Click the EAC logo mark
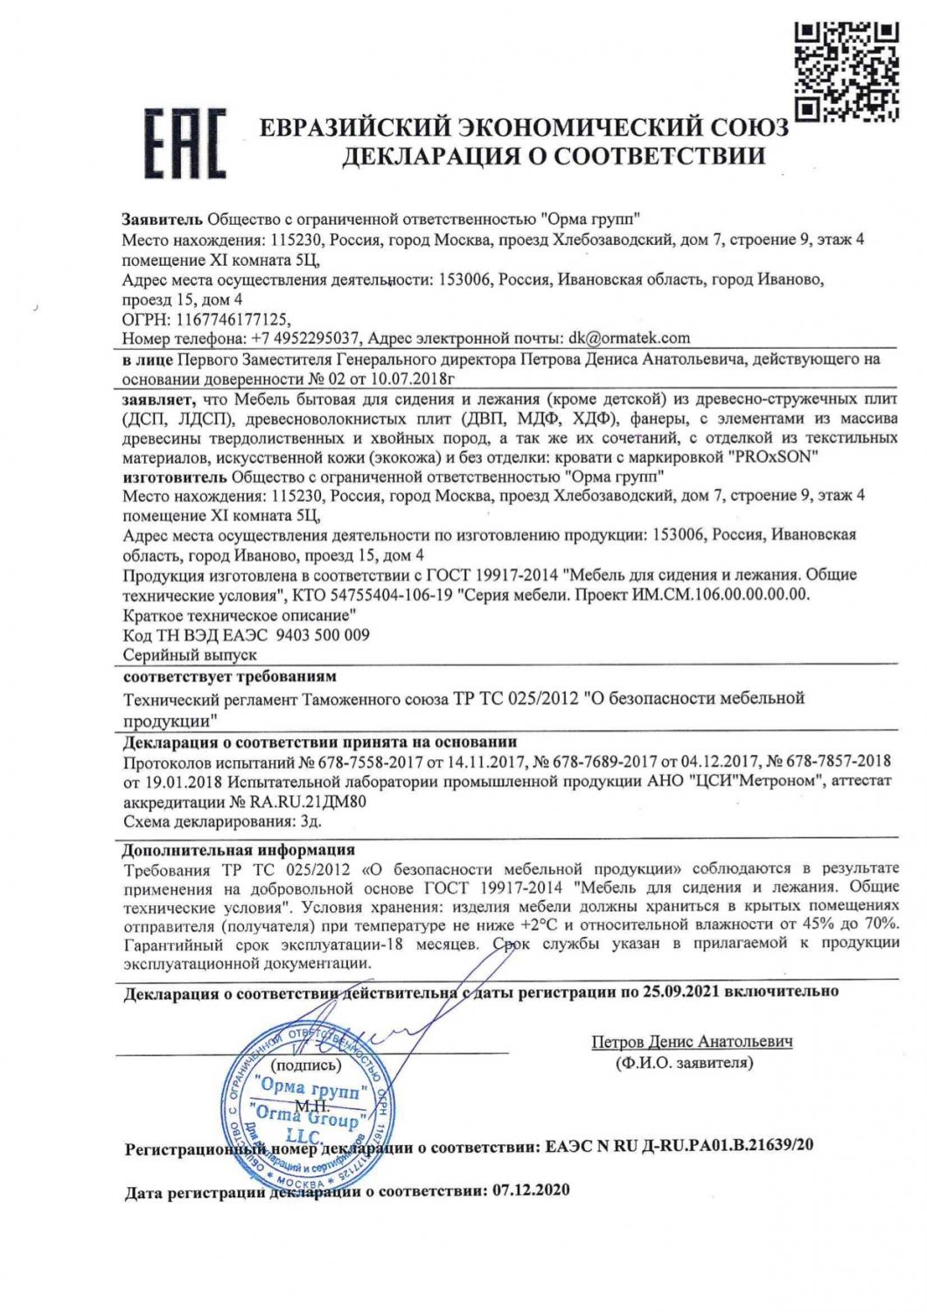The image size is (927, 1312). (x=185, y=143)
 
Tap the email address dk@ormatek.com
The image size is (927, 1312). (x=629, y=338)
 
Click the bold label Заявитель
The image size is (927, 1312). (x=162, y=219)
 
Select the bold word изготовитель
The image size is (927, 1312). (x=173, y=477)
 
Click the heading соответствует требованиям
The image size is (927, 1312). (x=229, y=676)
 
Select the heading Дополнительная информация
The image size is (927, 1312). (x=238, y=849)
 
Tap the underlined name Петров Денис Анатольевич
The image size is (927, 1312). (x=692, y=1042)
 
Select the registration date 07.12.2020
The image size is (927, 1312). (x=531, y=1191)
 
